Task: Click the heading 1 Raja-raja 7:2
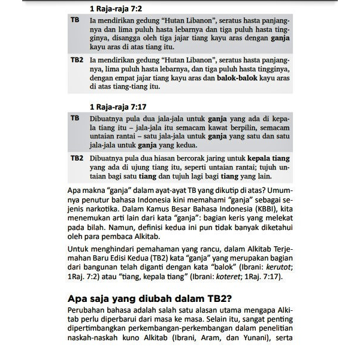coord(119,9)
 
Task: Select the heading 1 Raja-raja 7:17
coord(122,107)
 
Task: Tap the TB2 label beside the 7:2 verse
coord(76,60)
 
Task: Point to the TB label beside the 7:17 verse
coord(75,118)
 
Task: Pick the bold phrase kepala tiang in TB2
coord(267,158)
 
